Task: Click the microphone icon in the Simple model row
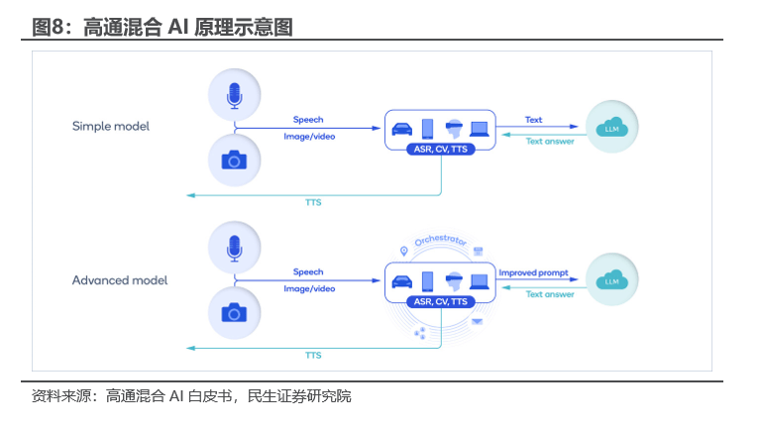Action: point(235,95)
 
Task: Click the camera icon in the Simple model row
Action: point(234,160)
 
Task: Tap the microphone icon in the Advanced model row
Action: point(235,248)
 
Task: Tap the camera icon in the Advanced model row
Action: point(234,313)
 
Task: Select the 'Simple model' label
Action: point(111,127)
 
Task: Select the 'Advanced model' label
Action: point(120,280)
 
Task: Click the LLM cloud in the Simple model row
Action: point(611,127)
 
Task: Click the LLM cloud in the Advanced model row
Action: point(611,279)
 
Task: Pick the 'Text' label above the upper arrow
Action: point(534,120)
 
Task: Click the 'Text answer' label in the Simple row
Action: point(550,141)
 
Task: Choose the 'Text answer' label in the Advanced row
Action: point(550,294)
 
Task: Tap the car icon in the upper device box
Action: point(402,128)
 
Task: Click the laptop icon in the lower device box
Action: point(480,280)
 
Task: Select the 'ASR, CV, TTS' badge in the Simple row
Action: point(440,149)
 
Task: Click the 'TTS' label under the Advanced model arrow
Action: point(313,355)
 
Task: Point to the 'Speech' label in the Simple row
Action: point(308,119)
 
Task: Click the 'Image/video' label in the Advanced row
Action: point(309,289)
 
